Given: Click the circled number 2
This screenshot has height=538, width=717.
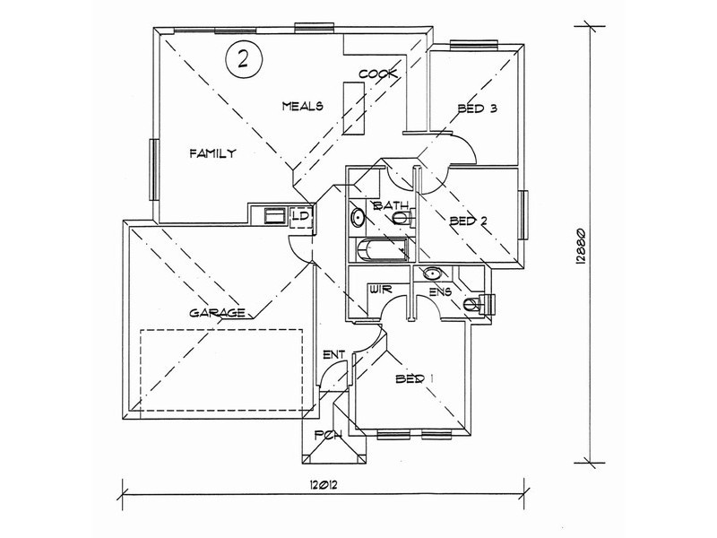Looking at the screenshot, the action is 243,59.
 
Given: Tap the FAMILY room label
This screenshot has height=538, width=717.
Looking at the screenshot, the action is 213,153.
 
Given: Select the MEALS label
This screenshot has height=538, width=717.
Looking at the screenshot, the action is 303,106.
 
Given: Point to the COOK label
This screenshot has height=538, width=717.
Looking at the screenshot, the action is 377,74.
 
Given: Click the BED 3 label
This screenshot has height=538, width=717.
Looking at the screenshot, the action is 478,108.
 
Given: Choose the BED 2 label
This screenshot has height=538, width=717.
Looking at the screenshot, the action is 469,221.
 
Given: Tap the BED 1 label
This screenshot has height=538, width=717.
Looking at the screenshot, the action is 414,378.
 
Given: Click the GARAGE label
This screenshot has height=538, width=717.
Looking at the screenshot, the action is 217,313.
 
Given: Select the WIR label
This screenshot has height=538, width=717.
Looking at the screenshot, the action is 380,290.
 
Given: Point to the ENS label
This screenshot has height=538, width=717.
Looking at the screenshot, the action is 441,291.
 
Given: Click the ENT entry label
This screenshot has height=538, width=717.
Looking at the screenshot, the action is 333,354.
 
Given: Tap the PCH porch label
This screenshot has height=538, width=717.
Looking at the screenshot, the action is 328,435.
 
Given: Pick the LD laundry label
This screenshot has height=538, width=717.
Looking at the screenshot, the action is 302,214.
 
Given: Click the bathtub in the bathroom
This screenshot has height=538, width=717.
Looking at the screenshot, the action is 381,250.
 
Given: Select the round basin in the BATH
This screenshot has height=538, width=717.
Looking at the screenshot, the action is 357,218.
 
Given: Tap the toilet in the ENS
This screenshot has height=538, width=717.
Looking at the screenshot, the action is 479,304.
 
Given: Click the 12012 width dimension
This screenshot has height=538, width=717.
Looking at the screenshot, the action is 323,486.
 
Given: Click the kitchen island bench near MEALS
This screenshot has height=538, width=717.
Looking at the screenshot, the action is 354,108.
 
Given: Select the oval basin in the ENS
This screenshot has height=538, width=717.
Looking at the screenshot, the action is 432,274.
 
